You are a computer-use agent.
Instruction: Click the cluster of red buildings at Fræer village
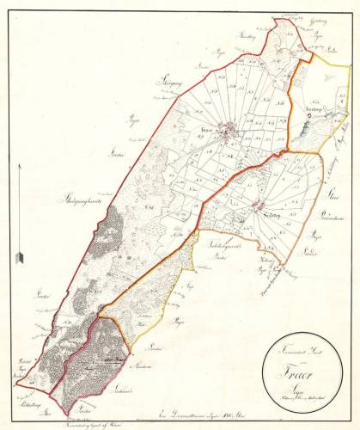(x=229, y=133)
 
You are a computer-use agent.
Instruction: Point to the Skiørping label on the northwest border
(x=169, y=79)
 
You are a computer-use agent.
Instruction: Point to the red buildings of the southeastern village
(x=259, y=205)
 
